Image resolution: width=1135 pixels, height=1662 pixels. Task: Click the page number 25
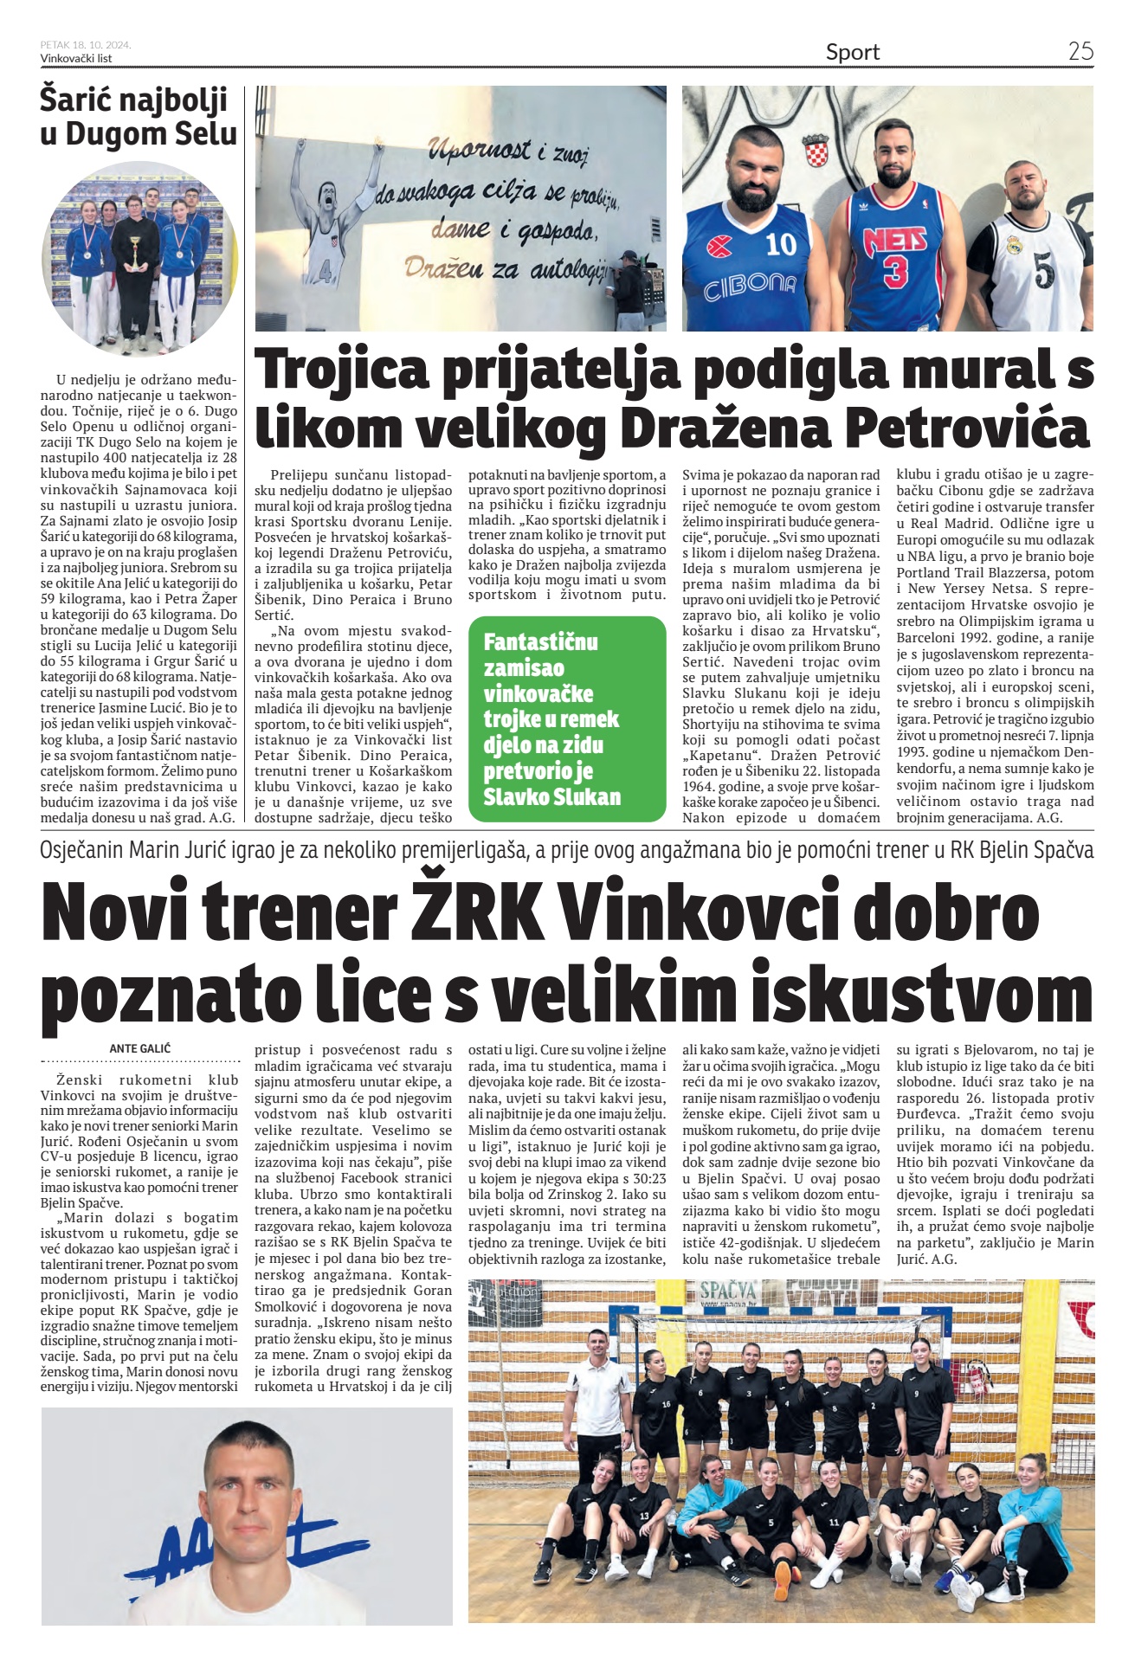(1080, 51)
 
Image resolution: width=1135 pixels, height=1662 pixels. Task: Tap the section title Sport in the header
(852, 52)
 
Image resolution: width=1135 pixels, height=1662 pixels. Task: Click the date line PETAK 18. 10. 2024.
(85, 45)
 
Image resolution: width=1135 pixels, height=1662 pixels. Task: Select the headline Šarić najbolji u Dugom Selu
(138, 117)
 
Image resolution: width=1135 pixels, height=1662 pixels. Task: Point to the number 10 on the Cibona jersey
(781, 244)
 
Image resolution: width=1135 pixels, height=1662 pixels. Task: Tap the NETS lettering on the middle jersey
(894, 237)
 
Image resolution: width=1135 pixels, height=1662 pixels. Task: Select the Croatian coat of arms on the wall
(816, 151)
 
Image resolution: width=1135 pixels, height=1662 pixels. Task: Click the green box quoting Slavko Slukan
(566, 718)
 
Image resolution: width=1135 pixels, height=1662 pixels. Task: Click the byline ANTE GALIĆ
(139, 1048)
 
